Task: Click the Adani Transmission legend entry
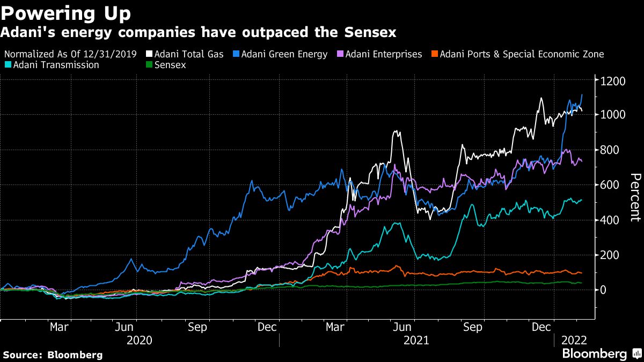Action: (x=54, y=65)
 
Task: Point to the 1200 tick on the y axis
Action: (x=613, y=82)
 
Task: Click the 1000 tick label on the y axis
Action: (x=613, y=115)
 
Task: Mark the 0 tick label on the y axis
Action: (x=604, y=290)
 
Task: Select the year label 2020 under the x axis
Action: (x=139, y=340)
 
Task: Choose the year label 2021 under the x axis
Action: (x=416, y=340)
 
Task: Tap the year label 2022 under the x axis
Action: (x=574, y=340)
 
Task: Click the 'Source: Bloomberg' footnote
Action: (x=52, y=354)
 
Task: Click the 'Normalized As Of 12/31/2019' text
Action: (x=74, y=54)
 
